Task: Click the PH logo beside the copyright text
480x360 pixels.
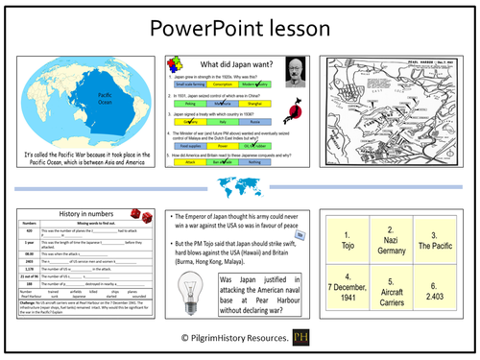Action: tap(303, 338)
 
